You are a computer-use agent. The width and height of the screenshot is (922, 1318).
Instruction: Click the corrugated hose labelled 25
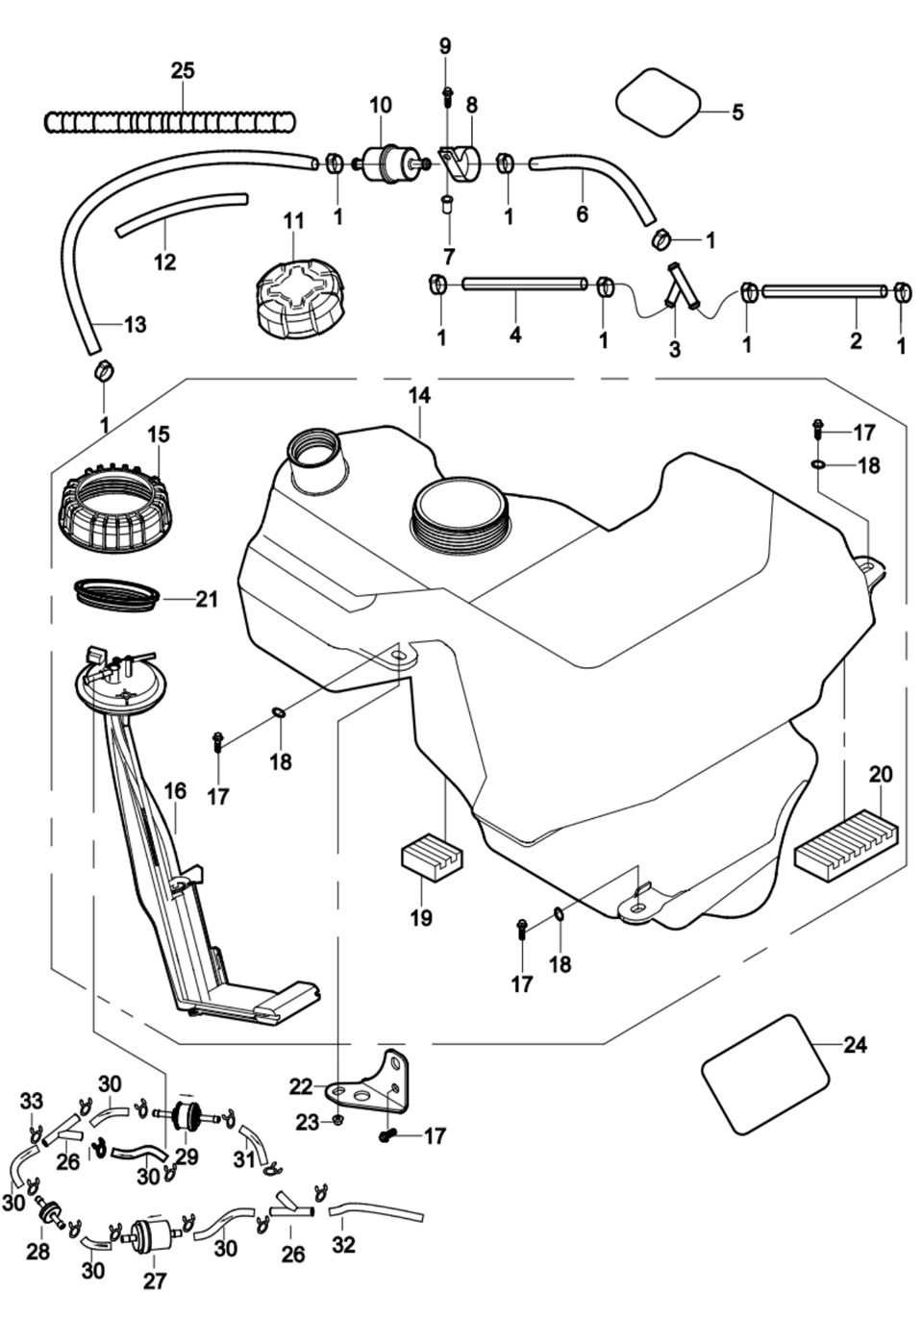tap(170, 122)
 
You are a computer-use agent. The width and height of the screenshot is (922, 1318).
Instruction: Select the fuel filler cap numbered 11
tap(299, 292)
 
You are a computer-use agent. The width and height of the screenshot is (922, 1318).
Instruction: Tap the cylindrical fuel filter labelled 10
tap(382, 164)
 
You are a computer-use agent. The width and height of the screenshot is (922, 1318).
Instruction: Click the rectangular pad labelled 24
tap(765, 1073)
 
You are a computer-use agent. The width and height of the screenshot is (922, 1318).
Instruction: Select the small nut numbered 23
tap(338, 1121)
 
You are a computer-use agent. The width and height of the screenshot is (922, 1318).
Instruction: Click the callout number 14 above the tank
tap(419, 395)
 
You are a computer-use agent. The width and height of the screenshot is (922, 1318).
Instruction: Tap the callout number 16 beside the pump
tap(175, 790)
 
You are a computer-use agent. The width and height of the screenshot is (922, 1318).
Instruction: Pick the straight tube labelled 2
tap(823, 290)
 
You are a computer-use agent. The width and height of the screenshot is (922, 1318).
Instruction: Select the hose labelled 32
tap(376, 1207)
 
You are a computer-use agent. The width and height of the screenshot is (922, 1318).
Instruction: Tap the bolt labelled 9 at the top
tap(447, 94)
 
